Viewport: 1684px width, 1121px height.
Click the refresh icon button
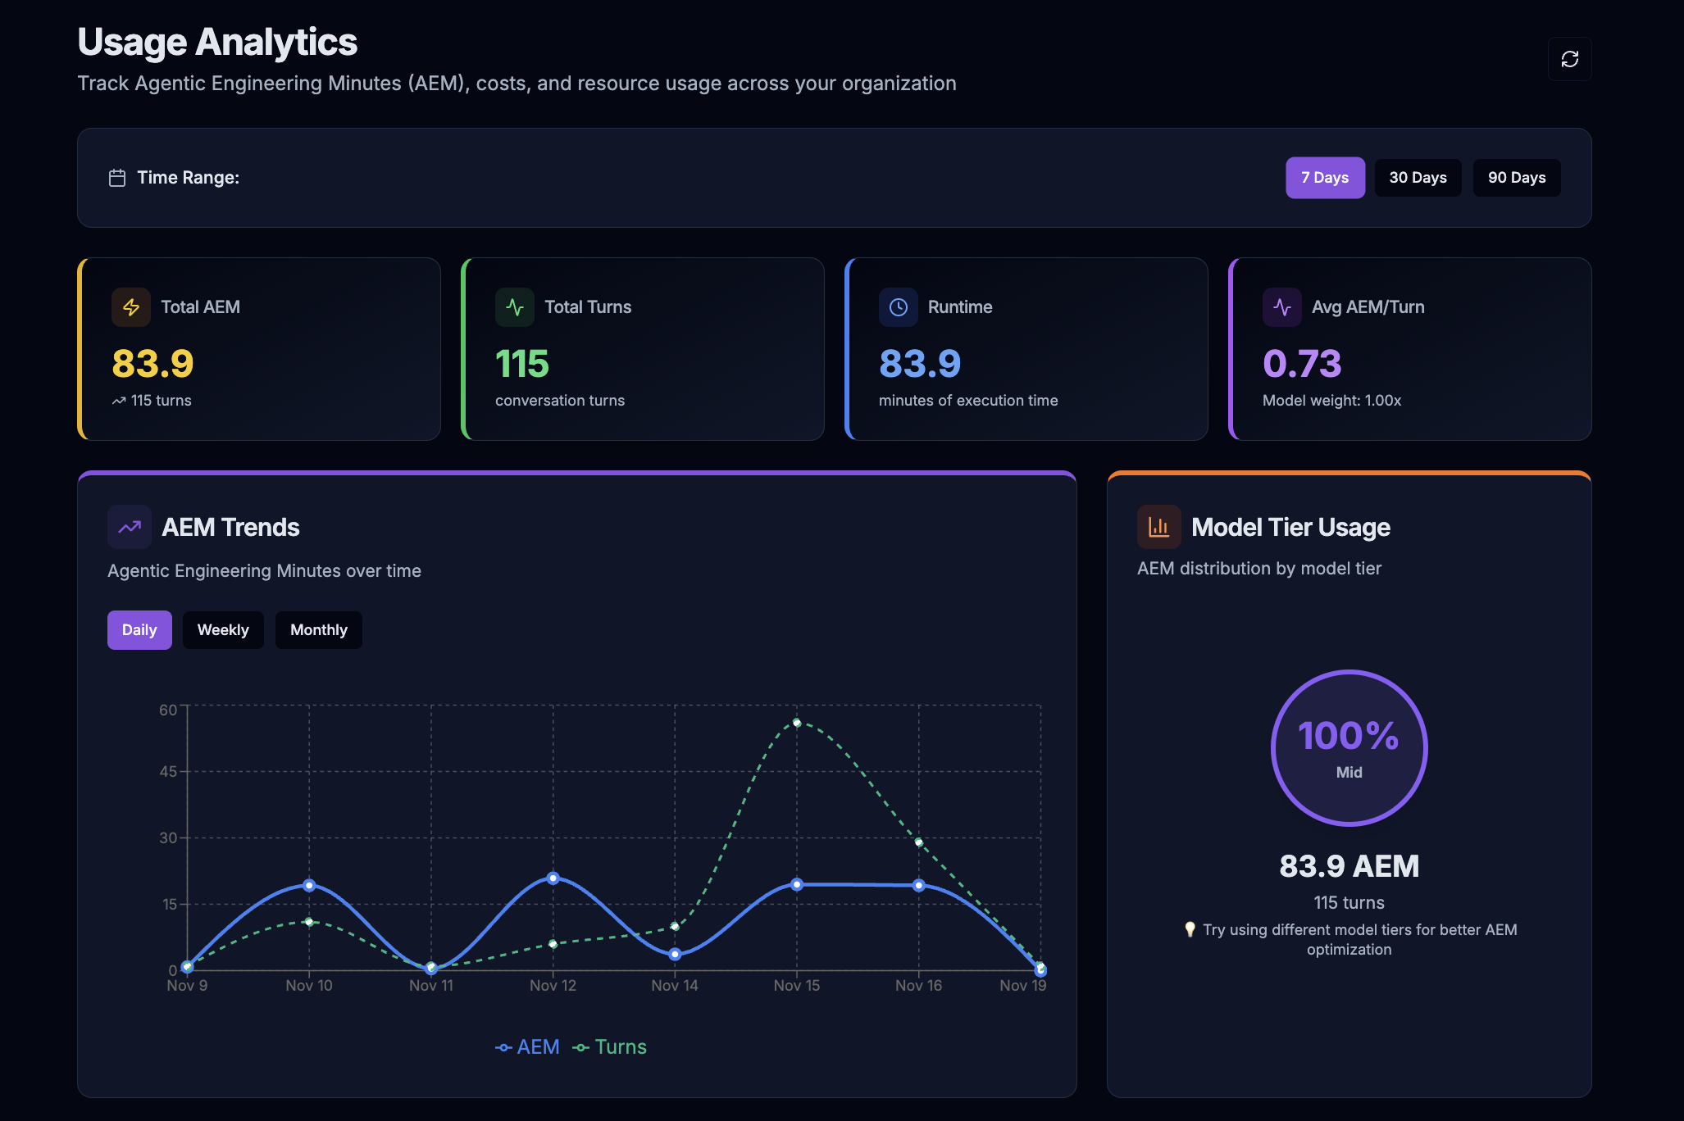click(1569, 59)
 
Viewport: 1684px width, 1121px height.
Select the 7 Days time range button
click(1324, 178)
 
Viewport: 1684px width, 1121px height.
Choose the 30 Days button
click(1417, 178)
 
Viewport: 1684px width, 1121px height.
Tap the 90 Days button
click(1516, 178)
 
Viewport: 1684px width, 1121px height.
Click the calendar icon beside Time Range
click(117, 178)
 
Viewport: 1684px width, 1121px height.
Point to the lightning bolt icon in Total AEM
click(131, 307)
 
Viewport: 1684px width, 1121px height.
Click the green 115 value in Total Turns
click(522, 364)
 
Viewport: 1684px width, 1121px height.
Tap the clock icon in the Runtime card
click(898, 307)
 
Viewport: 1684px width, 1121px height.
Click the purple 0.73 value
click(1301, 364)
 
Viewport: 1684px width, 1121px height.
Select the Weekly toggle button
click(222, 630)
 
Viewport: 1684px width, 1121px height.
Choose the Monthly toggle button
click(318, 630)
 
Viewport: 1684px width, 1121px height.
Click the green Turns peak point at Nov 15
click(796, 723)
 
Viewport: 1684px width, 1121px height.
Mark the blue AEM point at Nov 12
click(553, 878)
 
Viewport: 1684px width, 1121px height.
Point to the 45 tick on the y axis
click(168, 772)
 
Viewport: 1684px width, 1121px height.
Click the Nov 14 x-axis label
click(674, 986)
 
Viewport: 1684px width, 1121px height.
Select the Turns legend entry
click(610, 1047)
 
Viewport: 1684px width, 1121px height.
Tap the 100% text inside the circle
click(1348, 736)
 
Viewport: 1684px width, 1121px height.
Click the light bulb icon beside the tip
click(1190, 929)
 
